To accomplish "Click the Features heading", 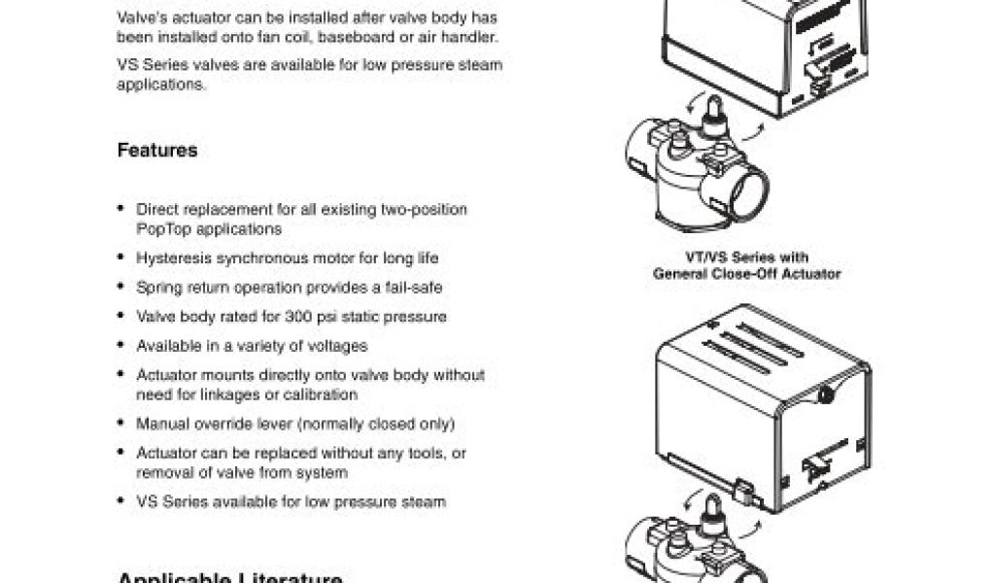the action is [x=156, y=151].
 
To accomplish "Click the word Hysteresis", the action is [x=174, y=258].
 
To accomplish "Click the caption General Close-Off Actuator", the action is [x=746, y=274].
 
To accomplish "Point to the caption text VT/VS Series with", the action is [x=746, y=257].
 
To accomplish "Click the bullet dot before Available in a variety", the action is [x=120, y=345].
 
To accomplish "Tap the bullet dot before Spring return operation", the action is [x=120, y=287].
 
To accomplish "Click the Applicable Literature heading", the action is [x=229, y=578].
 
